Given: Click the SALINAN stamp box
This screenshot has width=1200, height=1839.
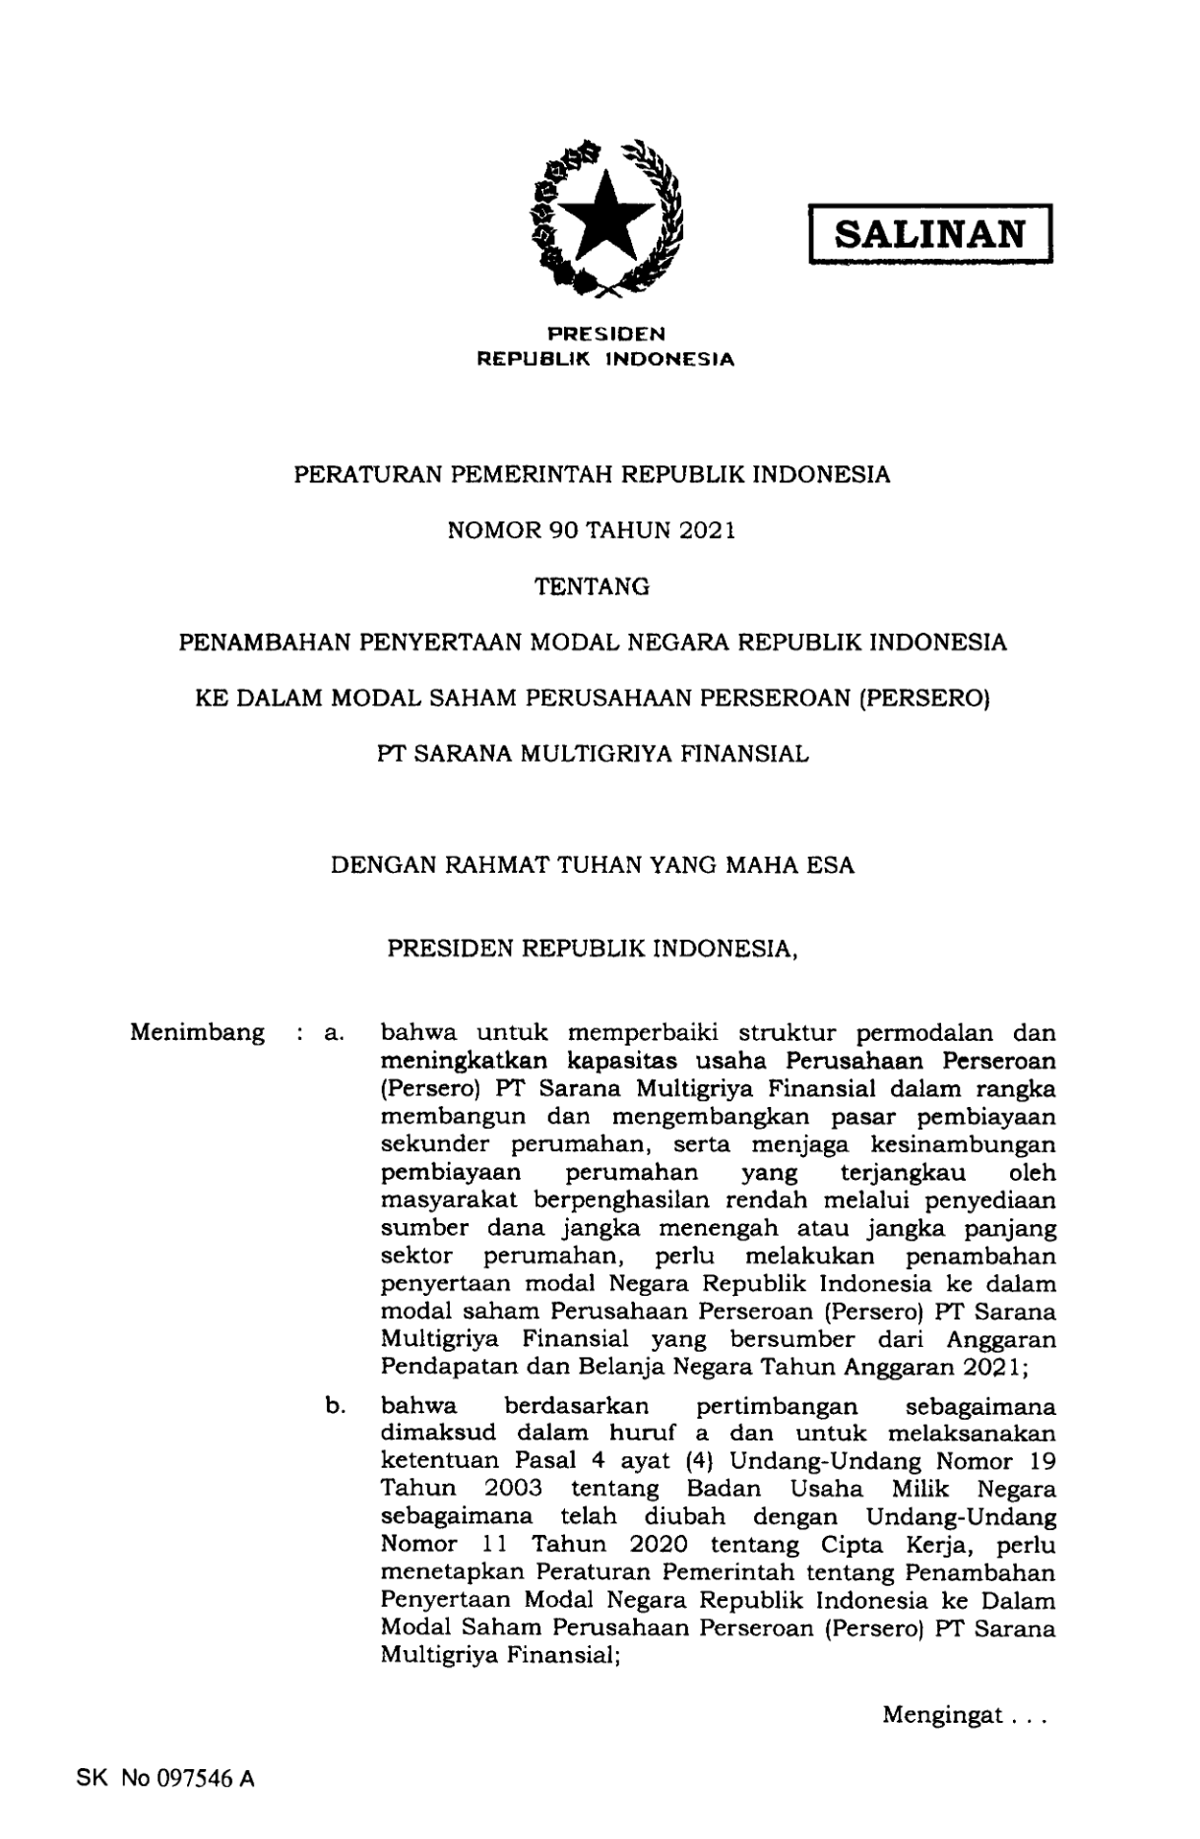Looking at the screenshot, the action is [x=930, y=234].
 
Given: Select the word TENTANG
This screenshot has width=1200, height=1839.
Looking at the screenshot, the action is [x=592, y=586].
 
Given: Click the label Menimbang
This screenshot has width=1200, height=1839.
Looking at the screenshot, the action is [x=197, y=1033].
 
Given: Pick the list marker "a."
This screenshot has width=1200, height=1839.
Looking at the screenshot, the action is [x=332, y=1034].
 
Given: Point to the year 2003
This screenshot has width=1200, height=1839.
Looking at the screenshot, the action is [x=513, y=1489].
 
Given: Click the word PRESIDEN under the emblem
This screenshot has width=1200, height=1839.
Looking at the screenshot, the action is [x=605, y=336].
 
